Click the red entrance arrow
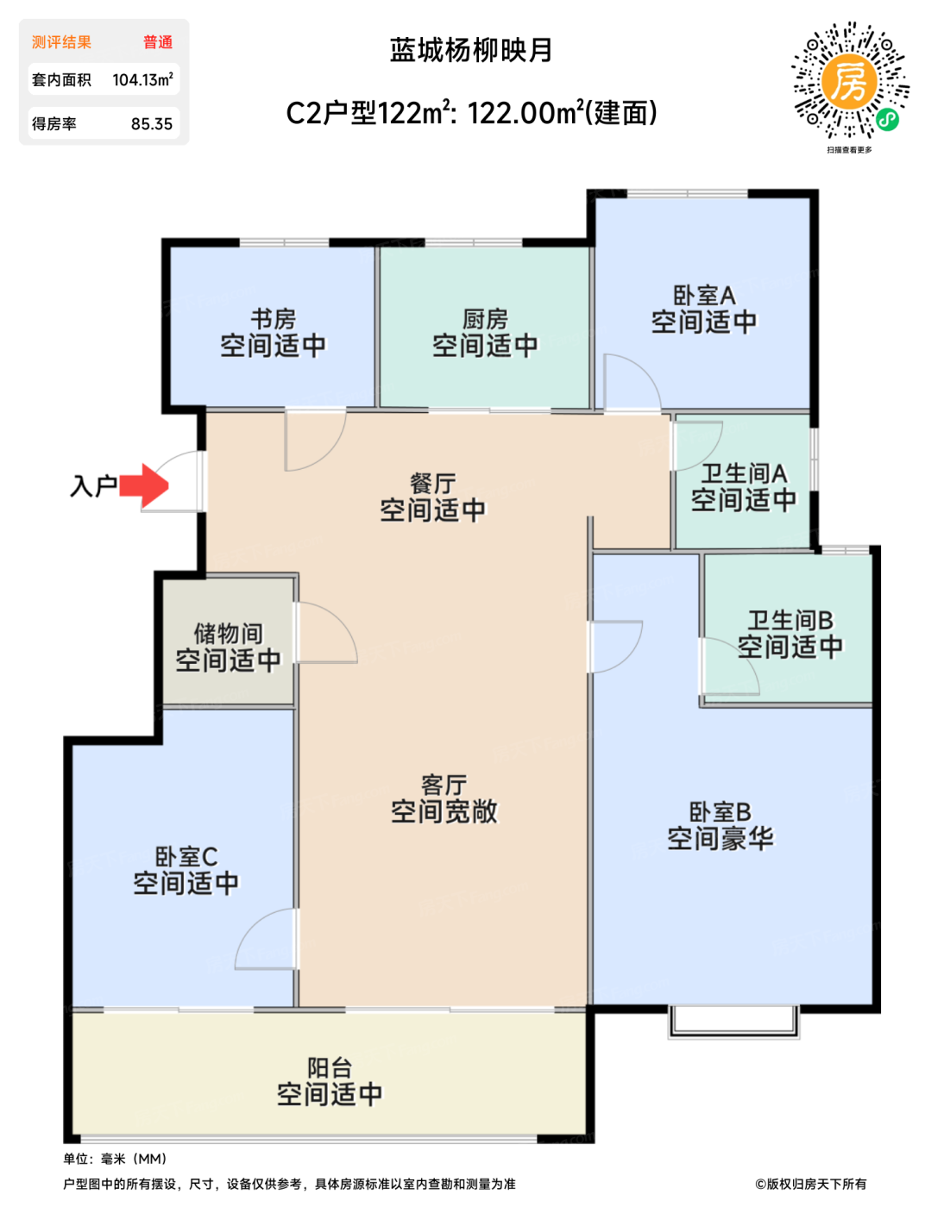[144, 485]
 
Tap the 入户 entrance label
[93, 486]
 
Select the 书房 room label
[273, 319]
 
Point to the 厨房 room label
[485, 319]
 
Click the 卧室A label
[704, 296]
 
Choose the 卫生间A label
[744, 474]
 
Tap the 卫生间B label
[790, 621]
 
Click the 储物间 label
[229, 634]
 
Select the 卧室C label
[186, 856]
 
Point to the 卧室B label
[720, 811]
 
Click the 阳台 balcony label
[330, 1067]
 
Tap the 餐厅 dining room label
[432, 484]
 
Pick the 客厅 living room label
[444, 785]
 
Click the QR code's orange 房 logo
[849, 82]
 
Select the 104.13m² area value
[142, 80]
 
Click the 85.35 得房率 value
[152, 124]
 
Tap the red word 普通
[158, 42]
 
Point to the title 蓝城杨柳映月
[471, 51]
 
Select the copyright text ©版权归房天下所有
[810, 1184]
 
